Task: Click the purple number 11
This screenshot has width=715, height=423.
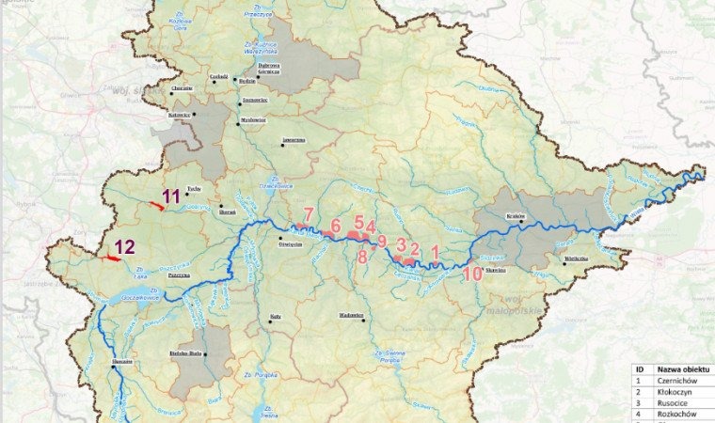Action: [171, 196]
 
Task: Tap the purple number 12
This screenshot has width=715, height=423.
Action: [125, 248]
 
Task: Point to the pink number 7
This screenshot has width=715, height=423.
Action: [308, 213]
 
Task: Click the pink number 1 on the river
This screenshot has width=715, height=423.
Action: [435, 251]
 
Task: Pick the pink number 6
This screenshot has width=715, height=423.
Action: [335, 226]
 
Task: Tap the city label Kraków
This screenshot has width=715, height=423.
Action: [516, 216]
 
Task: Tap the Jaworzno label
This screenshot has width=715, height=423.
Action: [294, 140]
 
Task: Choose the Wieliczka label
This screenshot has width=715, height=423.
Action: [576, 257]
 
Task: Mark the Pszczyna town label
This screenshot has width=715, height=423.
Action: [180, 276]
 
